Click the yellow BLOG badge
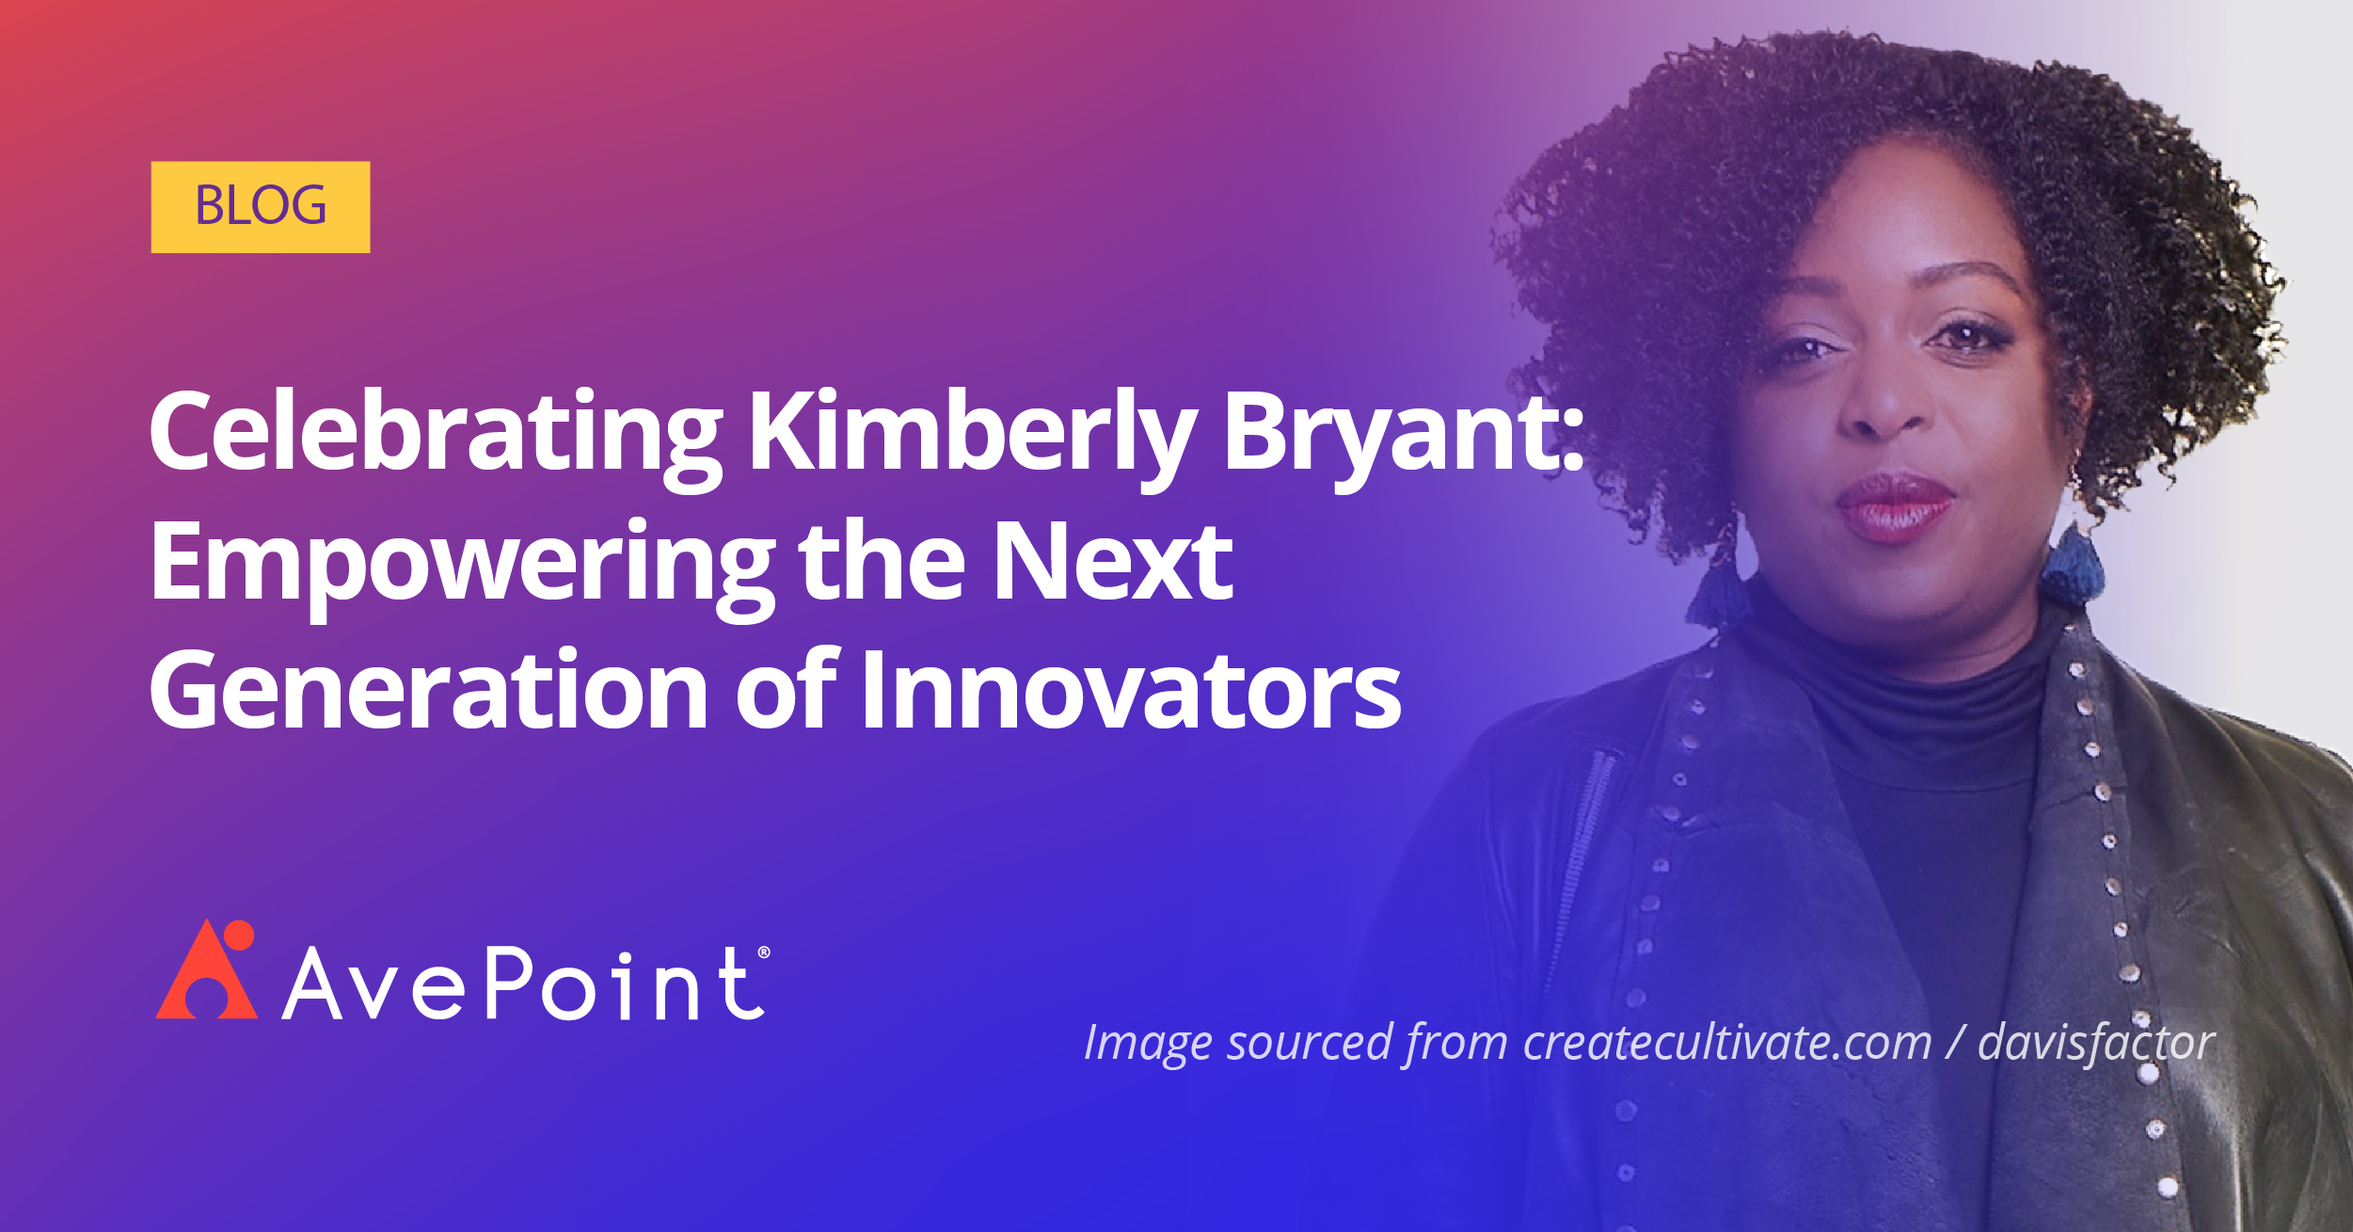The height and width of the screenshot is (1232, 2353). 260,207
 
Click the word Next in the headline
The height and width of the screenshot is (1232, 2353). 1112,563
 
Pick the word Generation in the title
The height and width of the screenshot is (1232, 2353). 428,692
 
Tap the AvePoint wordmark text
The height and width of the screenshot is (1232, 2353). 523,984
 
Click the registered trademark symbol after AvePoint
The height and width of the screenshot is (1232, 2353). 763,952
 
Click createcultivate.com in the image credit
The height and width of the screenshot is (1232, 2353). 1727,1042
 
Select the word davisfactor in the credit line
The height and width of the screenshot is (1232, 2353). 2096,1042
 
